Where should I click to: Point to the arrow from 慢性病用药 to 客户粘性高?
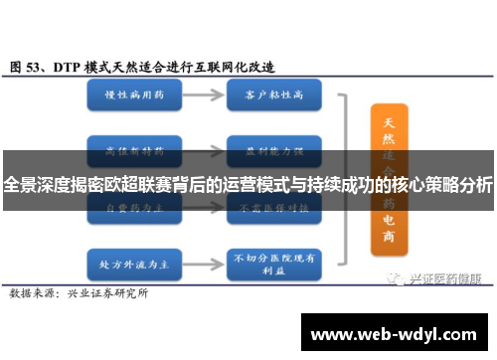(x=200, y=97)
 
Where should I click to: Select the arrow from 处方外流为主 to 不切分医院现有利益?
(x=200, y=239)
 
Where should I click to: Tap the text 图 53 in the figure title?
(x=27, y=67)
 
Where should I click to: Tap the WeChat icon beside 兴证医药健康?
(x=399, y=252)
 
